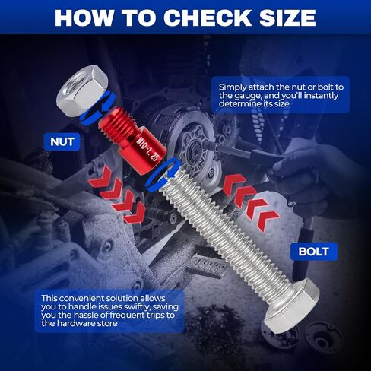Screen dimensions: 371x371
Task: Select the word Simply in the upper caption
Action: click(x=233, y=87)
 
